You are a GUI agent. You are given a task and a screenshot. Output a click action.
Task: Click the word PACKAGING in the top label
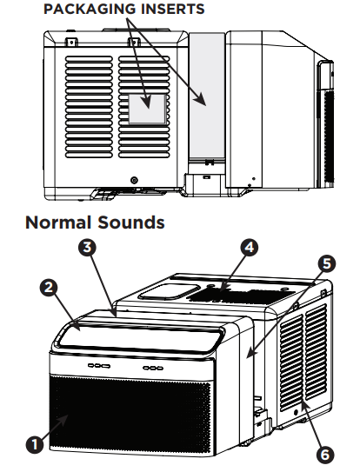pyautogui.click(x=81, y=10)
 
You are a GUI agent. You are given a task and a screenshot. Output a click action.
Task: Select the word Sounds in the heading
pyautogui.click(x=131, y=223)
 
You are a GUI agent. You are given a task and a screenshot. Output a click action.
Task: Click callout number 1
pyautogui.click(x=34, y=445)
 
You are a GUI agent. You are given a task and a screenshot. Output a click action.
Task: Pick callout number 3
pyautogui.click(x=86, y=247)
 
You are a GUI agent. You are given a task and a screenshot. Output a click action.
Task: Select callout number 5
pyautogui.click(x=325, y=261)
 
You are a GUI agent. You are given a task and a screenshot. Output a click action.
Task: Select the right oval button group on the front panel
pyautogui.click(x=155, y=368)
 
